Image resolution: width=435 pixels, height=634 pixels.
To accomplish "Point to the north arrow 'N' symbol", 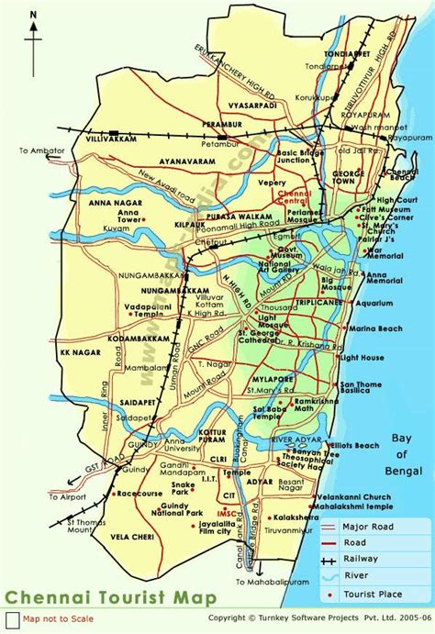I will click(32, 16).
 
